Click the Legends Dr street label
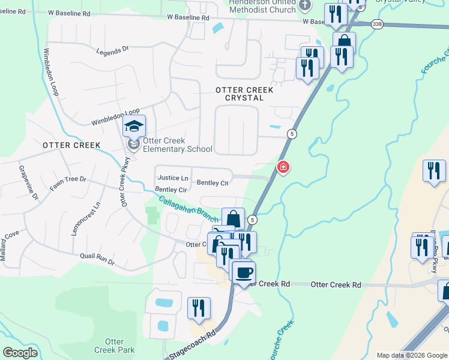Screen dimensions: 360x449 point(113,50)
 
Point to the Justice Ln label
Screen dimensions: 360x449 point(172,178)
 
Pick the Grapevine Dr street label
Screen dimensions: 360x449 point(28,183)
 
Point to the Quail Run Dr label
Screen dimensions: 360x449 point(97,258)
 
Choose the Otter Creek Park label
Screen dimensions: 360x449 point(114,346)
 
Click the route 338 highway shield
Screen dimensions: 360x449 point(376,23)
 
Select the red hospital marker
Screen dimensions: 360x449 point(282,167)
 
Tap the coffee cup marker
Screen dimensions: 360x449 point(243,273)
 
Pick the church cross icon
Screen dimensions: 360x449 point(304,5)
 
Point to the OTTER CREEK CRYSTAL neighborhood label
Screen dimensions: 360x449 point(244,94)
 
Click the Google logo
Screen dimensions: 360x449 point(20,352)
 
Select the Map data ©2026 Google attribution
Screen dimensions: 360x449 point(412,355)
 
